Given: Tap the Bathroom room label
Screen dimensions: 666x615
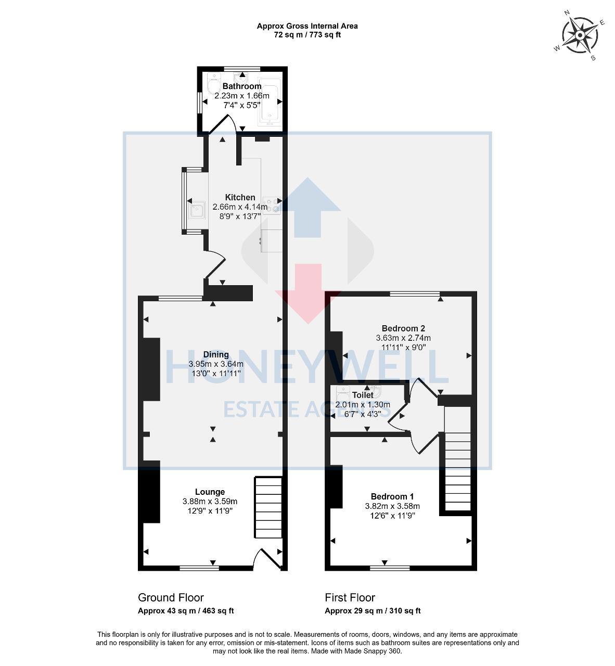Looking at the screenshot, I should (x=242, y=86).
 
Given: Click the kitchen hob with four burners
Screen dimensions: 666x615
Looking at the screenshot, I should (x=271, y=204).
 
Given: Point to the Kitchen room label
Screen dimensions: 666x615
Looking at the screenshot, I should (x=240, y=197).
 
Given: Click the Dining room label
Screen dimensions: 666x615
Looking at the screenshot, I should (x=216, y=354).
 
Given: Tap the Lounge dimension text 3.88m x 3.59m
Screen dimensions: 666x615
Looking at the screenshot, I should (x=210, y=501).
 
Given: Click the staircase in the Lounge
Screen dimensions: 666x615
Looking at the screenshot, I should (x=268, y=508).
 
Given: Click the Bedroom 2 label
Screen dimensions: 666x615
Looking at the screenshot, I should (x=403, y=328).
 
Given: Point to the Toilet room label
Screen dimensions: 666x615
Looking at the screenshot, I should (x=363, y=395).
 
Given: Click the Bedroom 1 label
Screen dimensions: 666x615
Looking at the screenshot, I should (x=392, y=496).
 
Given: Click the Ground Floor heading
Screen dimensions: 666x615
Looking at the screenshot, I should (x=171, y=597).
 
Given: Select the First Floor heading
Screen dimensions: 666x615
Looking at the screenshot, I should (x=350, y=597).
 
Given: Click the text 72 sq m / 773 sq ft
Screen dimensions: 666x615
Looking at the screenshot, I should (x=307, y=35).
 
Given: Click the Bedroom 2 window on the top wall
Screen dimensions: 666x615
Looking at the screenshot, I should (x=415, y=294).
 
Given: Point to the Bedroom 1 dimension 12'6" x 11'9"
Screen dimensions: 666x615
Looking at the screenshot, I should (x=392, y=516).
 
